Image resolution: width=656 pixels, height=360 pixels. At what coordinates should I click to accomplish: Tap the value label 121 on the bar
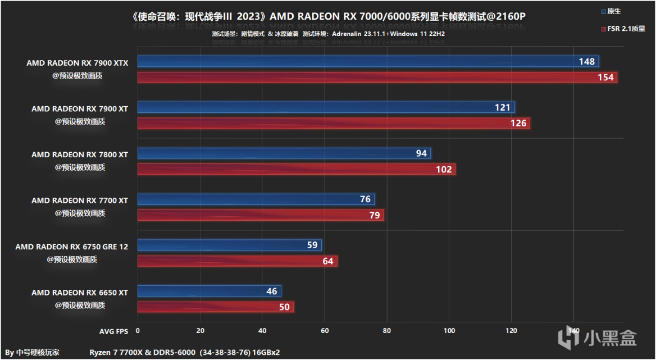(x=503, y=107)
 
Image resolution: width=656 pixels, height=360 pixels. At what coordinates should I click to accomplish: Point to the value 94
(x=421, y=153)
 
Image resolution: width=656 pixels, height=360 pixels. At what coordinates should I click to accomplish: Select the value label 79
(x=374, y=215)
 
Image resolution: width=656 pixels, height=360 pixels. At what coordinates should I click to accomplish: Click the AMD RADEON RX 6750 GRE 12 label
(x=71, y=247)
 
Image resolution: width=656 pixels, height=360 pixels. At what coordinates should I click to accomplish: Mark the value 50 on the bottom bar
(x=284, y=307)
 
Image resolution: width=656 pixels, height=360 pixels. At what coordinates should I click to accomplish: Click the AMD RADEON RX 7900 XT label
(x=80, y=109)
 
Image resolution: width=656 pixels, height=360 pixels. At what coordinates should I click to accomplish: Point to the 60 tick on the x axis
(x=325, y=331)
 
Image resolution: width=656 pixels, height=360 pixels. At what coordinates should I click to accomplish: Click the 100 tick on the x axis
(x=449, y=331)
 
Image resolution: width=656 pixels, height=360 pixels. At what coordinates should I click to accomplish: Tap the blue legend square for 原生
(x=603, y=11)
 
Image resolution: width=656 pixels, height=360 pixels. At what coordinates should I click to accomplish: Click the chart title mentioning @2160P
(x=329, y=17)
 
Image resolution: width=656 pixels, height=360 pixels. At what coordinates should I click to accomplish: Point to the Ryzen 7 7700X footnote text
(x=185, y=352)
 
